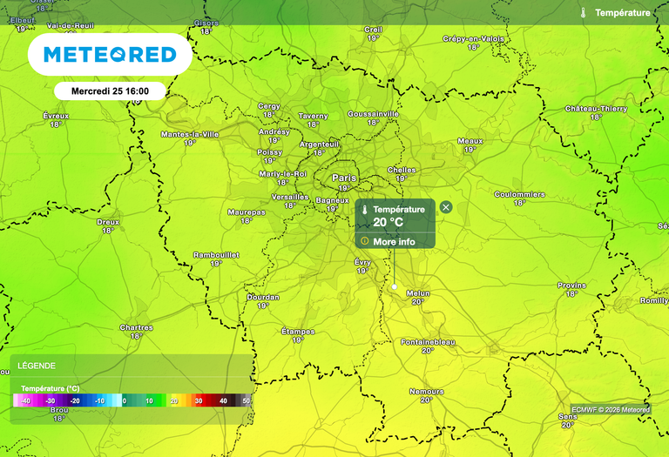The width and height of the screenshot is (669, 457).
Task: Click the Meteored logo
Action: [109, 55]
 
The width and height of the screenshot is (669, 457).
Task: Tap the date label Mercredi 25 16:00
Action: [109, 91]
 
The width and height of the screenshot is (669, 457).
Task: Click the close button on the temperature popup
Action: [446, 207]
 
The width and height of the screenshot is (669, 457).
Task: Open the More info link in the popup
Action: [394, 241]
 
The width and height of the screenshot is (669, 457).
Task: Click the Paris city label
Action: [344, 178]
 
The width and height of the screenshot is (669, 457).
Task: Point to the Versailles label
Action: [291, 197]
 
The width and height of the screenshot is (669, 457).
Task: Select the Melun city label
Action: [418, 292]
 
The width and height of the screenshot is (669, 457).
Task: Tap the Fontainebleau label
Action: [428, 342]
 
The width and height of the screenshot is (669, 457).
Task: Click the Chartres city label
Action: [136, 327]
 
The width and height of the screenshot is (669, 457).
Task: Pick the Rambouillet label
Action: [216, 254]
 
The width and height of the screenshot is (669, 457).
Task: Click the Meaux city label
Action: [470, 140]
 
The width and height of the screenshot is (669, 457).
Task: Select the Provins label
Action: [571, 285]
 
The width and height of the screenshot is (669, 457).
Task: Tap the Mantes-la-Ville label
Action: [190, 134]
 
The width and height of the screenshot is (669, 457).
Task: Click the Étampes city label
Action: [298, 331]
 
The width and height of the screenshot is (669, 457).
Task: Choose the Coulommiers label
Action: [519, 194]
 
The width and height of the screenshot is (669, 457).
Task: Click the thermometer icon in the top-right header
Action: [583, 13]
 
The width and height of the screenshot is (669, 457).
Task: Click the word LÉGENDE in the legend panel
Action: [37, 366]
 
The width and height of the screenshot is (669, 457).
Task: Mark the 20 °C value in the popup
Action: [389, 222]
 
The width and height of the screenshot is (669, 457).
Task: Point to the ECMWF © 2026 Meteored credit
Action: [611, 409]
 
